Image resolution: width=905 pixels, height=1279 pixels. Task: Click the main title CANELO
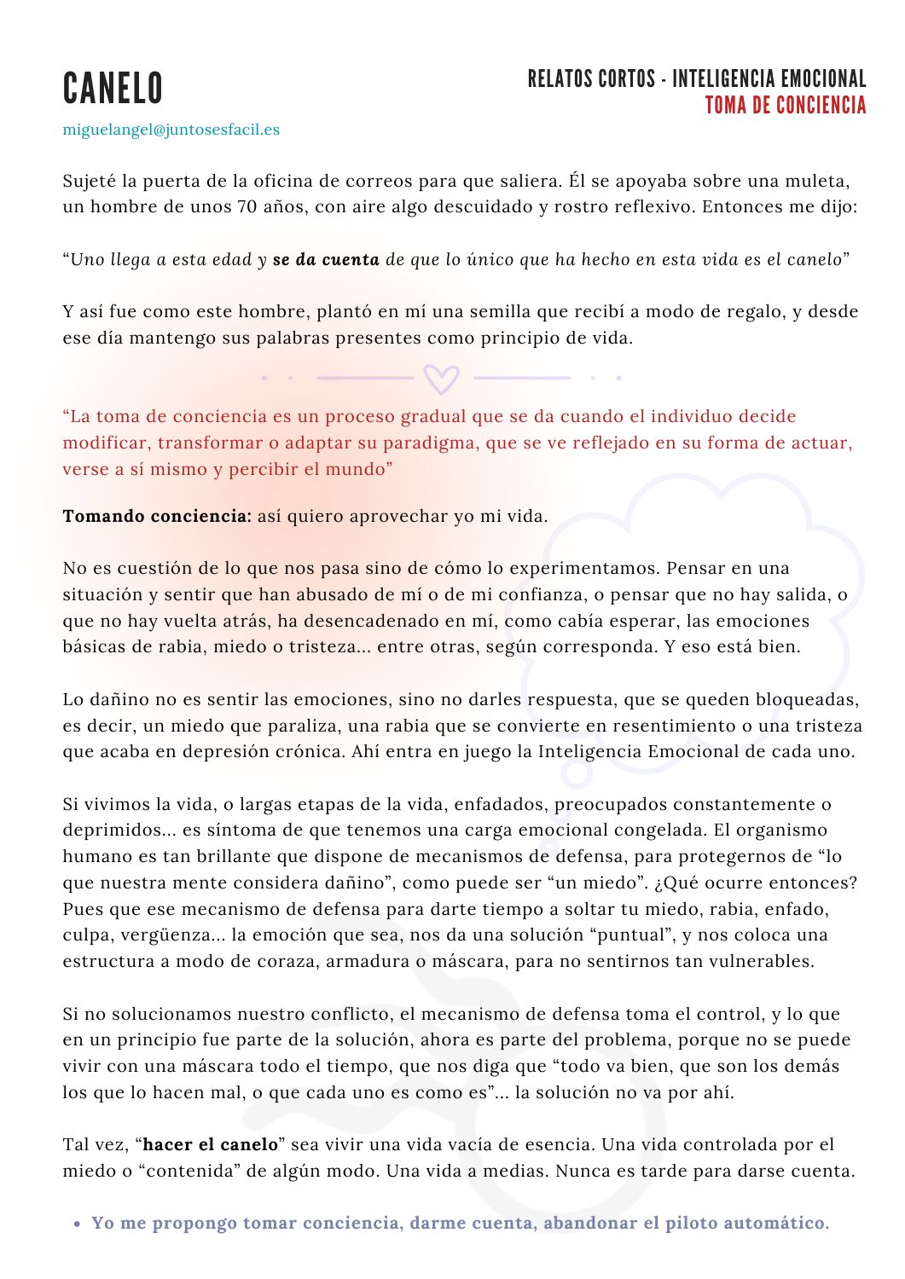point(113,89)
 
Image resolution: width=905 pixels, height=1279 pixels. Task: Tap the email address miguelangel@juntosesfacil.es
point(171,130)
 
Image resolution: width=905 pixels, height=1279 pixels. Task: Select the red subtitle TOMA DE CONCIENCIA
point(785,106)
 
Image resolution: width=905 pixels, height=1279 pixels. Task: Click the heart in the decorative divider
point(441,378)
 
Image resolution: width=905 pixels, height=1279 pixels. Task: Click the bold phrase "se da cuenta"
point(326,260)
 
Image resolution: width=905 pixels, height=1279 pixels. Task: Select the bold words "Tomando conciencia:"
point(157,517)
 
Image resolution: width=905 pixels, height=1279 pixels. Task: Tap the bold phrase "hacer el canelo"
point(211,1145)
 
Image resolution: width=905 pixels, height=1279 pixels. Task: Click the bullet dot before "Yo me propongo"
point(77,1224)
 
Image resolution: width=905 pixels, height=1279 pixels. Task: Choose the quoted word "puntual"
point(612,935)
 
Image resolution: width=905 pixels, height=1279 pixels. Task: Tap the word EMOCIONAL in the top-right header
point(813,80)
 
